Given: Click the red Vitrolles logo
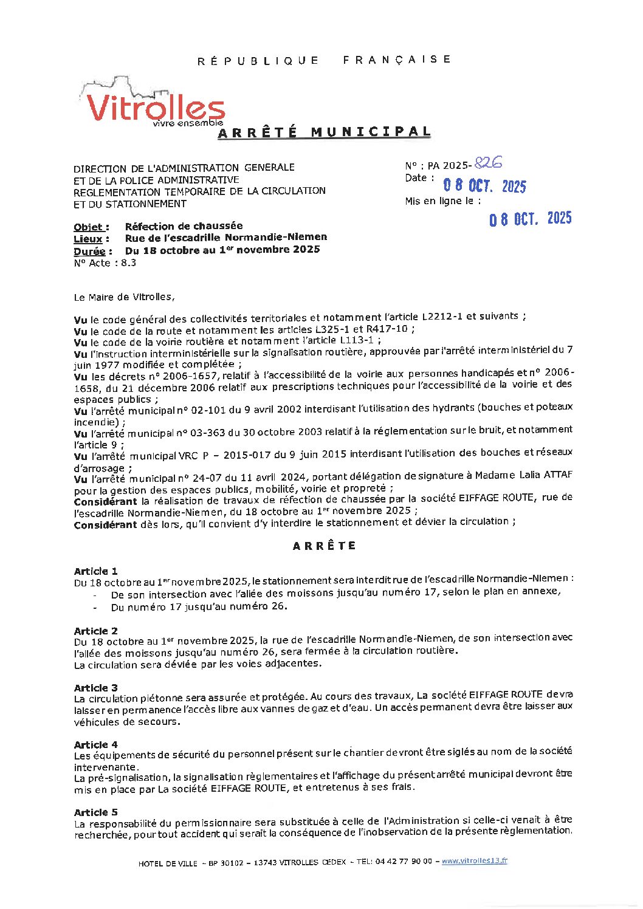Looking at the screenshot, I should pos(154,105).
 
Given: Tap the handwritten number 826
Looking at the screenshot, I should pos(488,163).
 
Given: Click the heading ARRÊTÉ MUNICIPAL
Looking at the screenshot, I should pos(325,132).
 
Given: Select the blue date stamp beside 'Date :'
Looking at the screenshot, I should pos(484,185).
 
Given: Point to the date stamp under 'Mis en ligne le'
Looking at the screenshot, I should pos(530,219).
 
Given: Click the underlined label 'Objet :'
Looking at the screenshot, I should pos(91,227).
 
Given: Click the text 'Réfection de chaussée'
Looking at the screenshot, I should pos(184,226).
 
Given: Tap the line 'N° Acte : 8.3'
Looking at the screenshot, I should pos(105,263).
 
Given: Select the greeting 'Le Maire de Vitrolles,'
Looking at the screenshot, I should pos(124,297).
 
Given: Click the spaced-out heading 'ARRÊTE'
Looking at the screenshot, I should pos(324,546).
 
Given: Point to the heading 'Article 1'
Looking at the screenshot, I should pos(95,571).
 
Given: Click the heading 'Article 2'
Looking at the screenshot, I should pos(95,631).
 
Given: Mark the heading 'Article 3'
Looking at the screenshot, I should pos(95,688).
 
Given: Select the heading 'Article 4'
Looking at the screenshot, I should pos(95,744).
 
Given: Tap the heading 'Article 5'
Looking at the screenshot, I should pos(95,812).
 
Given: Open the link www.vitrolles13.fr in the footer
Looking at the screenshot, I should pos(474,861).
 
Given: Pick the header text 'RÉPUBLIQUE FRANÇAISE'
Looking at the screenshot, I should pos(324,60).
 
